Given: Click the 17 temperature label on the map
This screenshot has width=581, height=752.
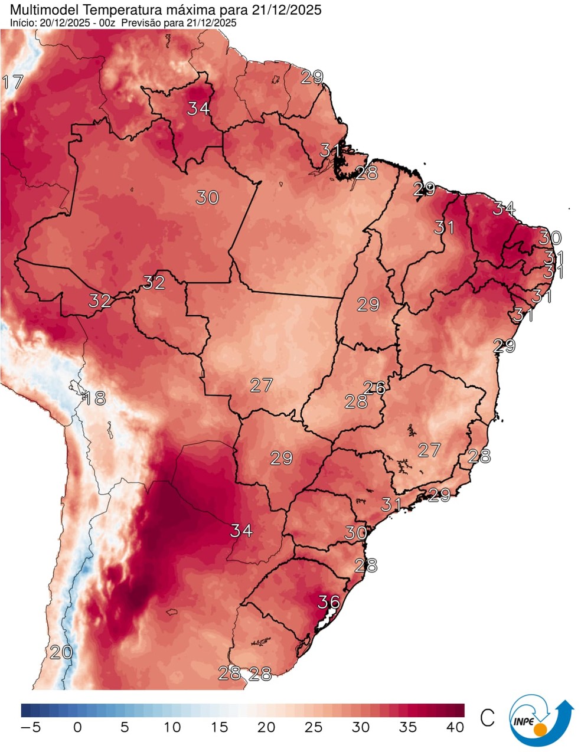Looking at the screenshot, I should pos(12,82).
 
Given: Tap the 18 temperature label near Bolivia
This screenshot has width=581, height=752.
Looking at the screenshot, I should pos(93,398).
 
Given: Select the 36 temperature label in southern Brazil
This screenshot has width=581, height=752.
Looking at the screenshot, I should pos(329,601).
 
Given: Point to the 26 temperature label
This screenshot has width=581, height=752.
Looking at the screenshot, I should pos(374,388).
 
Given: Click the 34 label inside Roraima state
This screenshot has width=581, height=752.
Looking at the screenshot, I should pos(199,109).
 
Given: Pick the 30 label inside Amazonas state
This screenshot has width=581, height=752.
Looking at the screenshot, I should pos(207,197).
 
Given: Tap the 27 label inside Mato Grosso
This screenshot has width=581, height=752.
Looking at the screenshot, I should pos(261,385).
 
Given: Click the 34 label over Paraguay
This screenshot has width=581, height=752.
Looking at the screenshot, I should pos(241,531).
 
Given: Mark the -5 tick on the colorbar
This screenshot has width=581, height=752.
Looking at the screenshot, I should pos(30,727).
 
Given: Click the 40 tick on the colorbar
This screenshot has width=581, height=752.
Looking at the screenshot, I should pos(455,727).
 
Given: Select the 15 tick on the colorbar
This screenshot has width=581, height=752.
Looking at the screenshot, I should pos(219,727).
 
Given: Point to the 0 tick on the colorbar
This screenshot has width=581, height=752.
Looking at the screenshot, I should pos(77,727).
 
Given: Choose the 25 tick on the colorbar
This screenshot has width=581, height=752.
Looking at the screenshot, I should pos(314,727).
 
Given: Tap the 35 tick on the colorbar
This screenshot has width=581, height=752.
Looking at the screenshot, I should pos(408,727).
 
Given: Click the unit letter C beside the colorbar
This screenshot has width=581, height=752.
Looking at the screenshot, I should pos(487,718).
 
